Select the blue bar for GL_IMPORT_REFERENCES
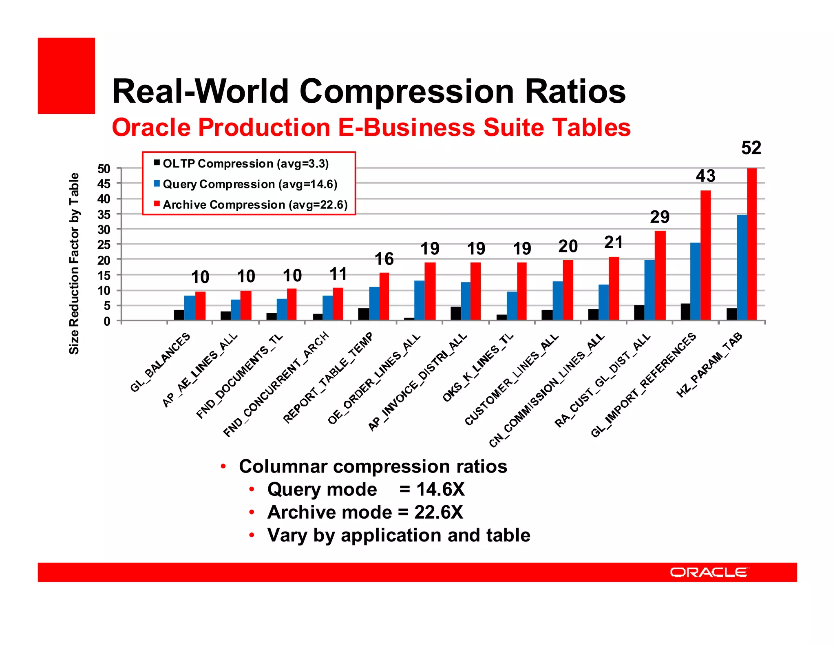click(695, 281)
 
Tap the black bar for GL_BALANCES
click(179, 315)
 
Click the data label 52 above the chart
click(751, 148)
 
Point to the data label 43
click(705, 176)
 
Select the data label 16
click(384, 259)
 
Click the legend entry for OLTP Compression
click(245, 163)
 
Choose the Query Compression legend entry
click(250, 184)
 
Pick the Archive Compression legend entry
click(255, 204)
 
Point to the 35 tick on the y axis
click(104, 214)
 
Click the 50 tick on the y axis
click(104, 169)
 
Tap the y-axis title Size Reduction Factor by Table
click(74, 263)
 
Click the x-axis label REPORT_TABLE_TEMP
click(328, 378)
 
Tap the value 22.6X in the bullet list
click(439, 512)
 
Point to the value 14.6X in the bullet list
click(440, 489)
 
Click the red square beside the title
click(66, 76)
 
